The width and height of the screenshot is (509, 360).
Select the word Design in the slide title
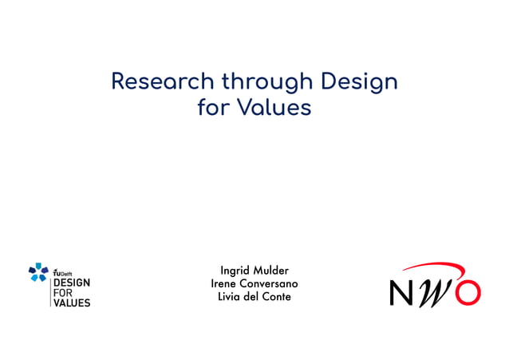359,81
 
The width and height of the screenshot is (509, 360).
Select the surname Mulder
271,270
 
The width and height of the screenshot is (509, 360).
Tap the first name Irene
225,283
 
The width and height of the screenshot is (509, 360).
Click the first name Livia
231,297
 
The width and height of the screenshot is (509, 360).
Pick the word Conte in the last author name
277,297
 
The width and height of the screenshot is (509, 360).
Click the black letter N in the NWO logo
403,292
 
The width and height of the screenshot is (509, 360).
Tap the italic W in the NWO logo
436,292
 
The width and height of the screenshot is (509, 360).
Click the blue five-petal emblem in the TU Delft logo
37,273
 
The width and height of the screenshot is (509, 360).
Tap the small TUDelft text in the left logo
62,272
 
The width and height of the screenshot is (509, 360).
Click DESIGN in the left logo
71,283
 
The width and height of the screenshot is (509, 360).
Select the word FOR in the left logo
63,293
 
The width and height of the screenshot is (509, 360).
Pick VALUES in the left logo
71,303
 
